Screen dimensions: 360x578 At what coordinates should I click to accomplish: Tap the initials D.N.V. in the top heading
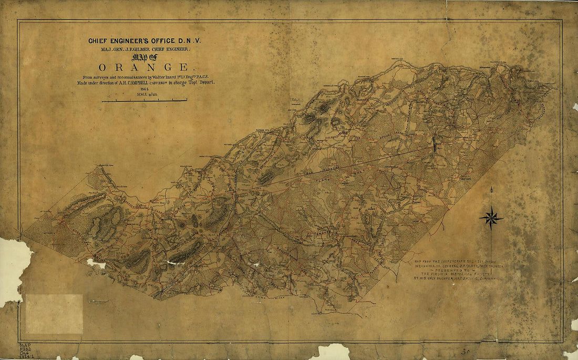click(195, 40)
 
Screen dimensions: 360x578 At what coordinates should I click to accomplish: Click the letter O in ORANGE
click(102, 67)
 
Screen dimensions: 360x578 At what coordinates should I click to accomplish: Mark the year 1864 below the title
click(142, 89)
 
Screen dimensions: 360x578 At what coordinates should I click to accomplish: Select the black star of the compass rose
click(491, 218)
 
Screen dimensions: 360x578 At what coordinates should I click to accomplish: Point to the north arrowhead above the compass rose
click(491, 189)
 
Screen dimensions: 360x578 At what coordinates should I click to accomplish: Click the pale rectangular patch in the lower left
click(54, 314)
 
